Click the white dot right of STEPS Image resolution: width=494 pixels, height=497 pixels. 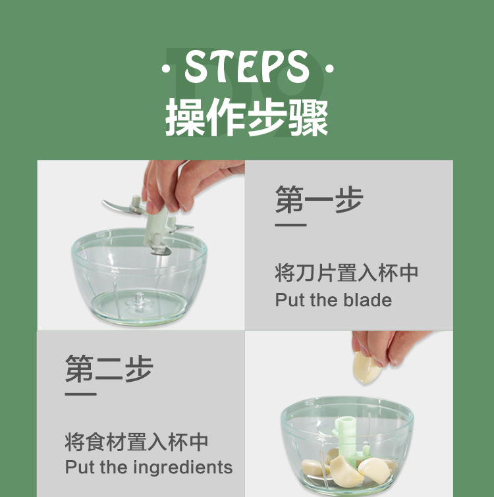point(329,68)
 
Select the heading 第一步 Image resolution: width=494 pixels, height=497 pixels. point(319,199)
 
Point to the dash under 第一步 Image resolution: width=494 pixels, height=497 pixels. point(290,225)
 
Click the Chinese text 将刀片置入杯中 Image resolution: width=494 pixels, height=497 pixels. point(346,273)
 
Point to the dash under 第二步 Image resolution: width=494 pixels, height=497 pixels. point(80,394)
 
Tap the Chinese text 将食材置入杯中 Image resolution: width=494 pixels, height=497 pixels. point(136,441)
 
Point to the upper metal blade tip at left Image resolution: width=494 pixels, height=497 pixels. point(113,206)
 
